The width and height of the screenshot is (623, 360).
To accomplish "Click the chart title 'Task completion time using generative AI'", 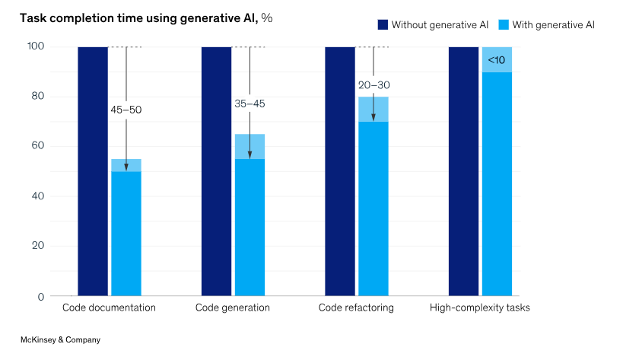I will click(x=133, y=18).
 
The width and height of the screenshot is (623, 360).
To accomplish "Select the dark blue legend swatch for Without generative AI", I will click(x=383, y=25).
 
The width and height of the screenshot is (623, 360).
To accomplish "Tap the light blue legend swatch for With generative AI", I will click(x=504, y=25).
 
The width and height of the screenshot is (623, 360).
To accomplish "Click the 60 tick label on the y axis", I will click(x=37, y=146).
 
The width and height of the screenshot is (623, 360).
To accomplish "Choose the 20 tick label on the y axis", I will click(x=37, y=246).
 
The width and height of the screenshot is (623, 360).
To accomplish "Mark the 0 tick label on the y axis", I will click(x=40, y=296).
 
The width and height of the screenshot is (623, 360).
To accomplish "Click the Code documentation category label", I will click(x=109, y=308).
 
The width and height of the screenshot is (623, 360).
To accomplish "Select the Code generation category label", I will click(x=233, y=308).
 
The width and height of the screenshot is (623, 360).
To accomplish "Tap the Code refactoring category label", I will click(x=356, y=308).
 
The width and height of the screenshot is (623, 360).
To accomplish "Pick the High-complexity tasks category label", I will click(x=479, y=308).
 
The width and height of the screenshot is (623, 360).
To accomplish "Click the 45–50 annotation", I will click(x=126, y=110).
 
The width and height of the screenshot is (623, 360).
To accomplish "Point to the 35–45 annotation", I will click(x=250, y=104).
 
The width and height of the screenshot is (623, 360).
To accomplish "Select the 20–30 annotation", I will click(x=373, y=85).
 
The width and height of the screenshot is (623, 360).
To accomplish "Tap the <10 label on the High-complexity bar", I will click(x=496, y=59).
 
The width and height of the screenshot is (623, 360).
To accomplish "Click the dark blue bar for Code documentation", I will click(x=93, y=171).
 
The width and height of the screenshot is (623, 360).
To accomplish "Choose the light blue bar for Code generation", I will click(x=250, y=221).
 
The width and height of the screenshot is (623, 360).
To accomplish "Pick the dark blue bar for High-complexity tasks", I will click(x=463, y=171).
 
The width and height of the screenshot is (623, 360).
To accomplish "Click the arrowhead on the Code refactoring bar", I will click(x=373, y=117).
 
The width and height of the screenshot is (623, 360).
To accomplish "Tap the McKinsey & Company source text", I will click(x=60, y=340).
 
